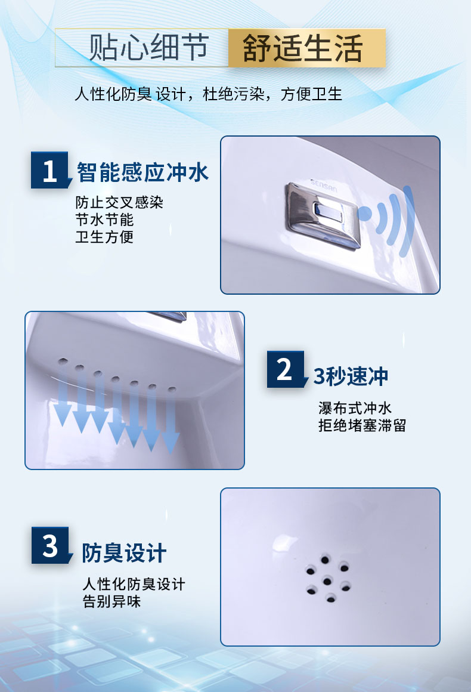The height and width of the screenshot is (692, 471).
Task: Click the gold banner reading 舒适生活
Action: [307, 48]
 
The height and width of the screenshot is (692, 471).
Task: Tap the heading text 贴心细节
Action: [148, 47]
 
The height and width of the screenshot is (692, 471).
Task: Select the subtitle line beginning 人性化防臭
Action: [208, 94]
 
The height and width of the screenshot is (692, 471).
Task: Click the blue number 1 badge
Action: [50, 171]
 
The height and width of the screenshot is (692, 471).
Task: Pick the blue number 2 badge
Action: [286, 369]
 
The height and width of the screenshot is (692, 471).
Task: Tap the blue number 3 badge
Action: [51, 545]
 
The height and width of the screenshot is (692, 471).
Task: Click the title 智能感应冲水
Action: [142, 172]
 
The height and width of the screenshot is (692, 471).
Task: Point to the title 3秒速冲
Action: [351, 376]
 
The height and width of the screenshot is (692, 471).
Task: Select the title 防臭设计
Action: [124, 553]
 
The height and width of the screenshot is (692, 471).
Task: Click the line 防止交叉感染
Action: [119, 203]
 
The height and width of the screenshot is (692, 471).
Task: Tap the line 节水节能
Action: [104, 220]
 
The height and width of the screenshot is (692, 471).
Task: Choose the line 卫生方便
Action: [104, 237]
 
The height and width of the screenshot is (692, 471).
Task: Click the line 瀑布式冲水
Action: [355, 408]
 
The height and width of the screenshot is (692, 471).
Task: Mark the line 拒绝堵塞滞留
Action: [362, 426]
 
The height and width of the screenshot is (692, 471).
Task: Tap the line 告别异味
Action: [111, 601]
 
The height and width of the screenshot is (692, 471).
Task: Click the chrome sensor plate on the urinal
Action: [323, 216]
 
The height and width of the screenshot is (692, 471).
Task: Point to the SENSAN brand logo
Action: [324, 186]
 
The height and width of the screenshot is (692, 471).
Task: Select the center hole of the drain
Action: [327, 581]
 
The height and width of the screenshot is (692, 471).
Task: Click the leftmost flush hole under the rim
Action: [63, 361]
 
